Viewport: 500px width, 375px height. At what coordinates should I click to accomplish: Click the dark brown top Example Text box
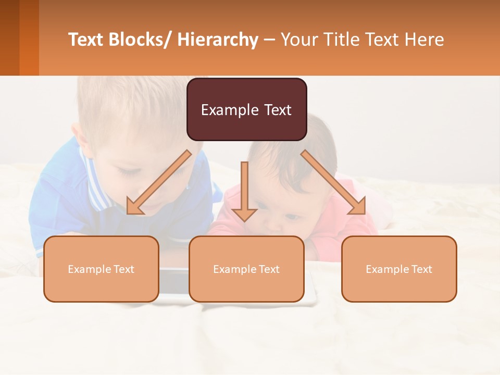(x=246, y=109)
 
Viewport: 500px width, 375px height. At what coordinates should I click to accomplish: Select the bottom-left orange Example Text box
(x=101, y=269)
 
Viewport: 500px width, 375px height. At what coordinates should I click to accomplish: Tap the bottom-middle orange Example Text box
(x=246, y=269)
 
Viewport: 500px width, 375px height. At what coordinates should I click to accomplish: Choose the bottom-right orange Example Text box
(x=399, y=269)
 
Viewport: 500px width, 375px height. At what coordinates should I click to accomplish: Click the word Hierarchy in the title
(x=218, y=40)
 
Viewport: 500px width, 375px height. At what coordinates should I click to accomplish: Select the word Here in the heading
(x=424, y=40)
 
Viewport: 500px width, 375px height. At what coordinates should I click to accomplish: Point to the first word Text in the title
(x=86, y=40)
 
